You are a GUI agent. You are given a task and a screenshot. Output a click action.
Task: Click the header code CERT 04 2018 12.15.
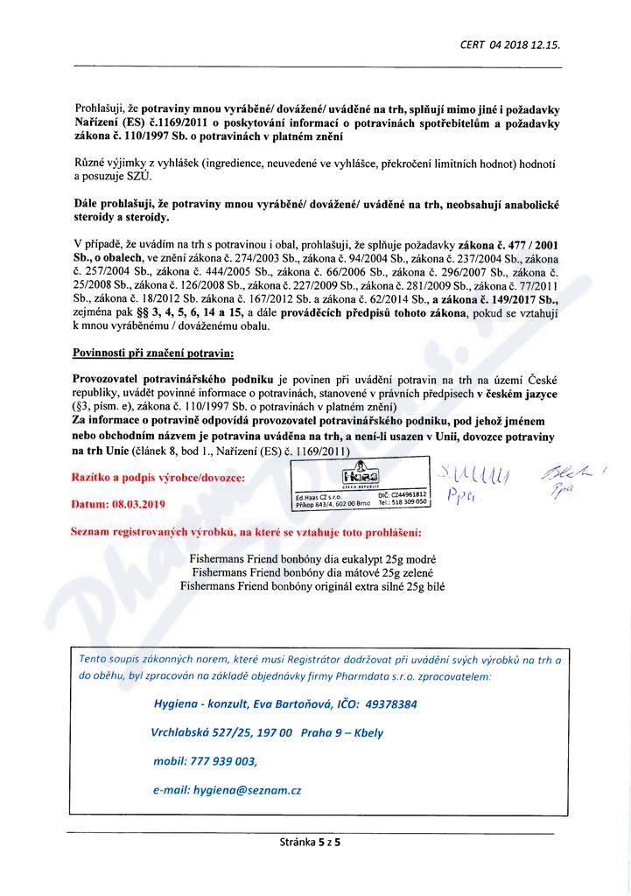point(509,44)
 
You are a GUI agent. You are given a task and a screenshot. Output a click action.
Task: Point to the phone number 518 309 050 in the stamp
point(408,504)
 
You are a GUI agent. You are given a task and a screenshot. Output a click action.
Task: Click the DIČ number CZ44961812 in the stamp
point(408,495)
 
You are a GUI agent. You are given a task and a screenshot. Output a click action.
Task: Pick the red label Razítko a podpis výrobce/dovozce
point(160,478)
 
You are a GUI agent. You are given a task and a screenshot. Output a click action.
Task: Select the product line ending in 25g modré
point(312,558)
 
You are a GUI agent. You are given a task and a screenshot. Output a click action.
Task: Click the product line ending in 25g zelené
point(312,572)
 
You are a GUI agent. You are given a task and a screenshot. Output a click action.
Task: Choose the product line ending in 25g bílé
point(312,586)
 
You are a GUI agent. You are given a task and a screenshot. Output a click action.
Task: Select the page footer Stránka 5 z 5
point(309,843)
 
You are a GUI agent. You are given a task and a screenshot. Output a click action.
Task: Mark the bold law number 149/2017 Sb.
point(508,298)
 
